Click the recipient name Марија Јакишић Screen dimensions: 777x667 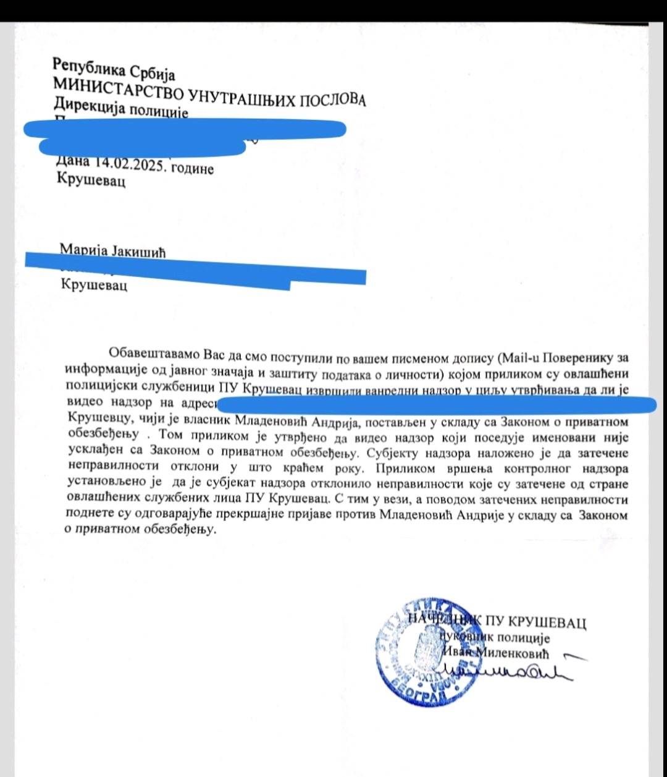click(113, 251)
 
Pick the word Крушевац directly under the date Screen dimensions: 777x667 click(91, 182)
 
